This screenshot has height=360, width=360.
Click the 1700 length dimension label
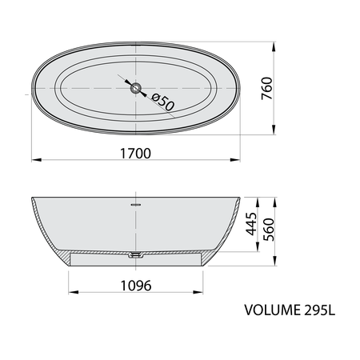135,154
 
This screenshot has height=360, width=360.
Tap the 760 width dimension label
267,88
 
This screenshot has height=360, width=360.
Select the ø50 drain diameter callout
163,102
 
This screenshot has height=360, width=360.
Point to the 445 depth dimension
251,224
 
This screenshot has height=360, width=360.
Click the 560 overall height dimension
269,230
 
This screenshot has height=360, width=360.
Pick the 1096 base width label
136,286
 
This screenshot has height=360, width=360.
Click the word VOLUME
272,310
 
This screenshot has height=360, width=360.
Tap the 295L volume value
319,310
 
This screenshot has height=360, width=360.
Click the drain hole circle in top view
136,88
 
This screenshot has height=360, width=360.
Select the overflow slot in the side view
136,205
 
